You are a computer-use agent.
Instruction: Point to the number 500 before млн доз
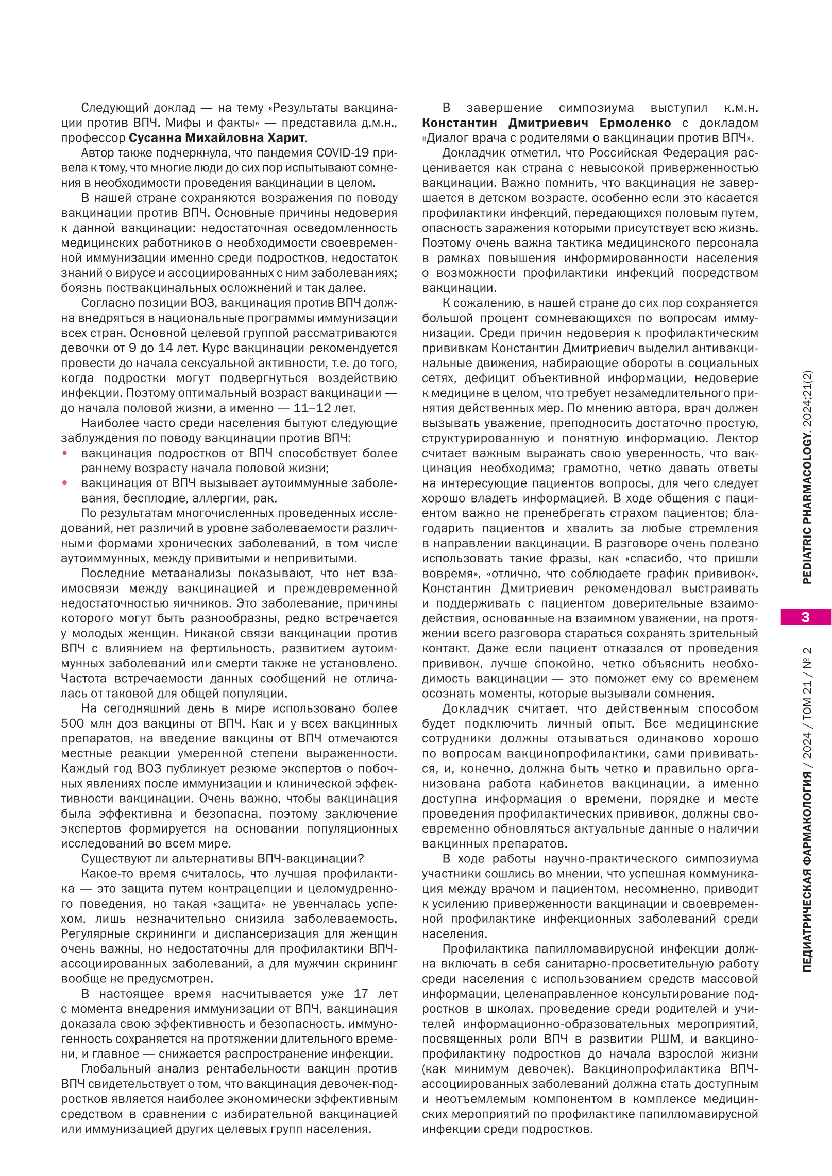[x=72, y=723]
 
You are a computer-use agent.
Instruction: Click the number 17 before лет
[x=361, y=1008]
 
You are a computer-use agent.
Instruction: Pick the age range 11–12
[x=314, y=408]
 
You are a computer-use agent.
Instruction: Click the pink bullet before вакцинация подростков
[x=65, y=453]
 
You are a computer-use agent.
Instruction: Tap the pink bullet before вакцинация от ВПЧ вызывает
[x=65, y=483]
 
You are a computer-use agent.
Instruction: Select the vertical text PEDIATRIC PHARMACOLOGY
[x=807, y=507]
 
